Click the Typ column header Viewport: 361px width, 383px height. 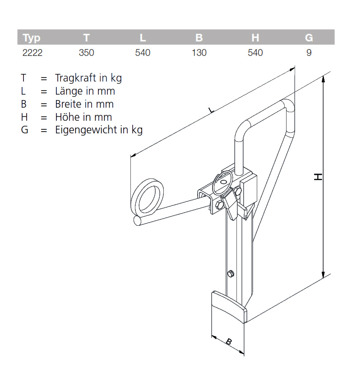(32, 38)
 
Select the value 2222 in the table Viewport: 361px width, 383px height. (32, 53)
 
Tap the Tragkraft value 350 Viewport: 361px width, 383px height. (86, 53)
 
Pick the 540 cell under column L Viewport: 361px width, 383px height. (143, 53)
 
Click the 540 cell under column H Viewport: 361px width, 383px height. (255, 53)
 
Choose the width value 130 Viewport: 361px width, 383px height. (199, 53)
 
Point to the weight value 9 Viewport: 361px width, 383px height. (309, 53)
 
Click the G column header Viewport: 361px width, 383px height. (309, 38)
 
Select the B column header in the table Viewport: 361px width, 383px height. (199, 38)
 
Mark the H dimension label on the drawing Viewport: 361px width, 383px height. (318, 177)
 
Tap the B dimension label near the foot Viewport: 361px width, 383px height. (229, 342)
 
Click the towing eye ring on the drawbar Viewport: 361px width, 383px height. (148, 197)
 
